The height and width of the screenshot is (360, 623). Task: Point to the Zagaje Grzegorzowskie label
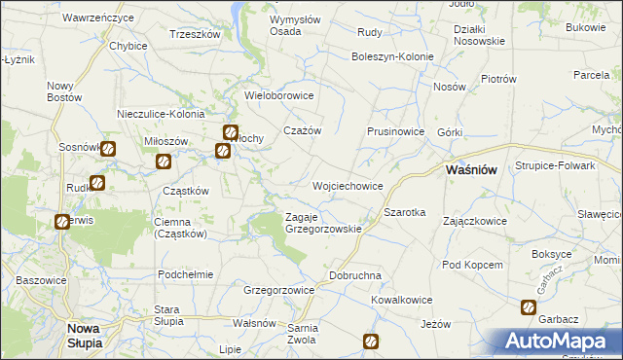[323, 223]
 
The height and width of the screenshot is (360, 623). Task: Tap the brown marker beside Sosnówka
[108, 150]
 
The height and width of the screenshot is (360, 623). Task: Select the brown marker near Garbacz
[528, 307]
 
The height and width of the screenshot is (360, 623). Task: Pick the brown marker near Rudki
[97, 182]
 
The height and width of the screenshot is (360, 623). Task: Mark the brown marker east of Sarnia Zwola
[371, 341]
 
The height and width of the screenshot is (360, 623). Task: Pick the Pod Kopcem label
[472, 265]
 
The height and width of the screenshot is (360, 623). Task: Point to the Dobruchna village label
[354, 275]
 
